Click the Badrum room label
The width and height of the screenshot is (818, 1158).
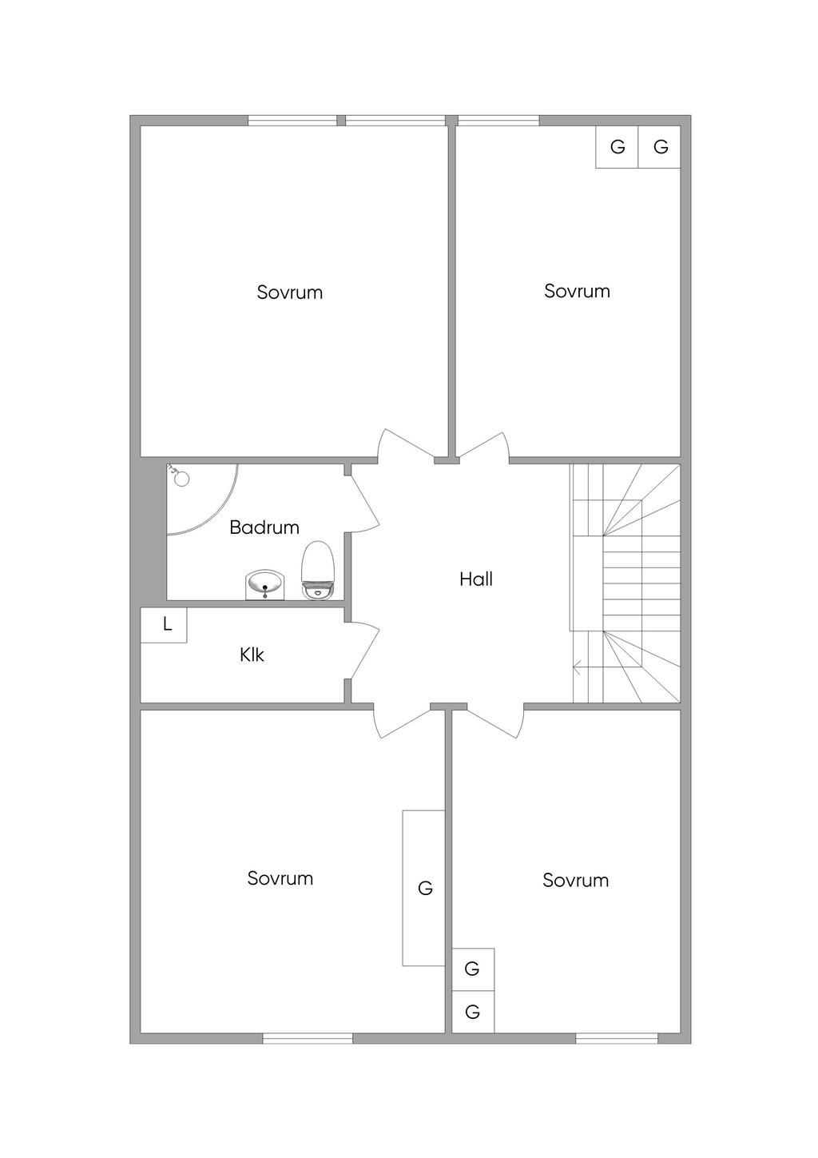[264, 527]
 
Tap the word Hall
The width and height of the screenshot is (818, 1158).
[476, 579]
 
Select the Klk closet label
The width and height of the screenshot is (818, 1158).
[252, 655]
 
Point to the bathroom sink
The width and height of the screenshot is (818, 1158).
[265, 585]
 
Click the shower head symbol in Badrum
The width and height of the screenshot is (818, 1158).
[178, 476]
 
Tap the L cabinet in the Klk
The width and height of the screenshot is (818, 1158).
[164, 625]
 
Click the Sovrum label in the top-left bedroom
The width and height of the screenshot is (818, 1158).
[289, 292]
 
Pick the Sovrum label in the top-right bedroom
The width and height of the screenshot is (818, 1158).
[577, 291]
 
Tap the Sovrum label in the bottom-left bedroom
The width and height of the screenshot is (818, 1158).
[280, 878]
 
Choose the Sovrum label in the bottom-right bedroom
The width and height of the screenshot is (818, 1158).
[576, 881]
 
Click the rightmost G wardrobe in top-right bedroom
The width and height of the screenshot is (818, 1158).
[659, 147]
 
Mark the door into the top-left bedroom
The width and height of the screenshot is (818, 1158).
[406, 445]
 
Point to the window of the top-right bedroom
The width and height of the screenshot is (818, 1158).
[498, 121]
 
